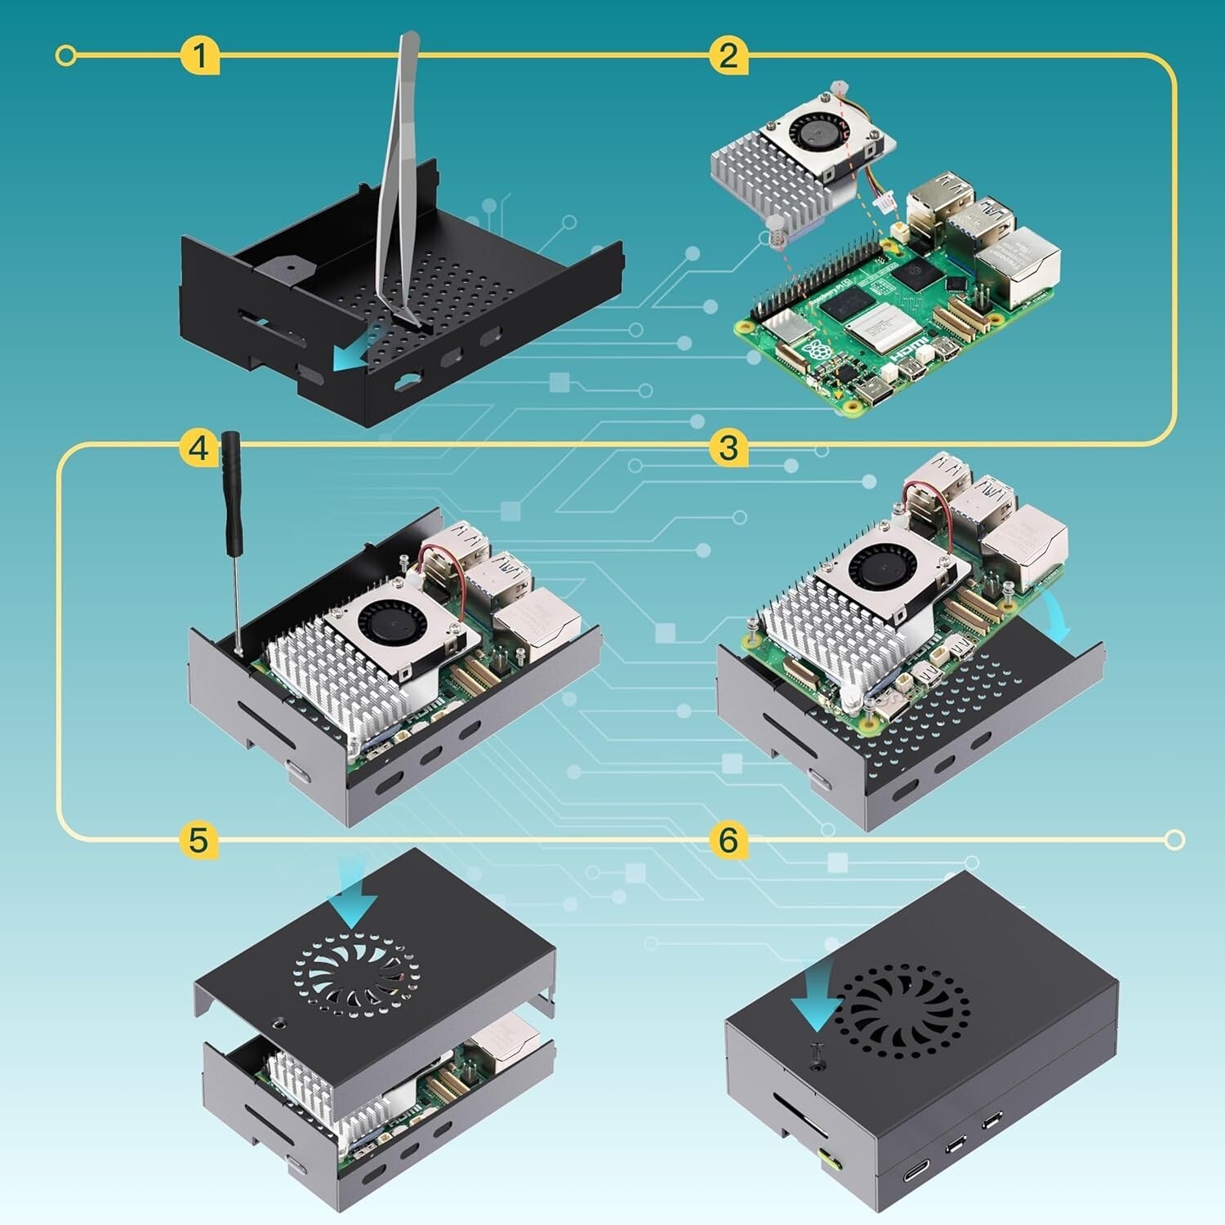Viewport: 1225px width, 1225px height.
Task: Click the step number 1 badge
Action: pos(199,56)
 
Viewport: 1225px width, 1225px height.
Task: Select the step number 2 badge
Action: pos(728,56)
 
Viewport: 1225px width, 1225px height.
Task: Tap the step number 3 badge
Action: pos(728,448)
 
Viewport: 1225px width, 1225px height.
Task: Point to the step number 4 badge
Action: pos(199,448)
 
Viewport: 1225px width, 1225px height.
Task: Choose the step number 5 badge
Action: pos(199,840)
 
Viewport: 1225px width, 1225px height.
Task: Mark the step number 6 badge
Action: pos(728,840)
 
